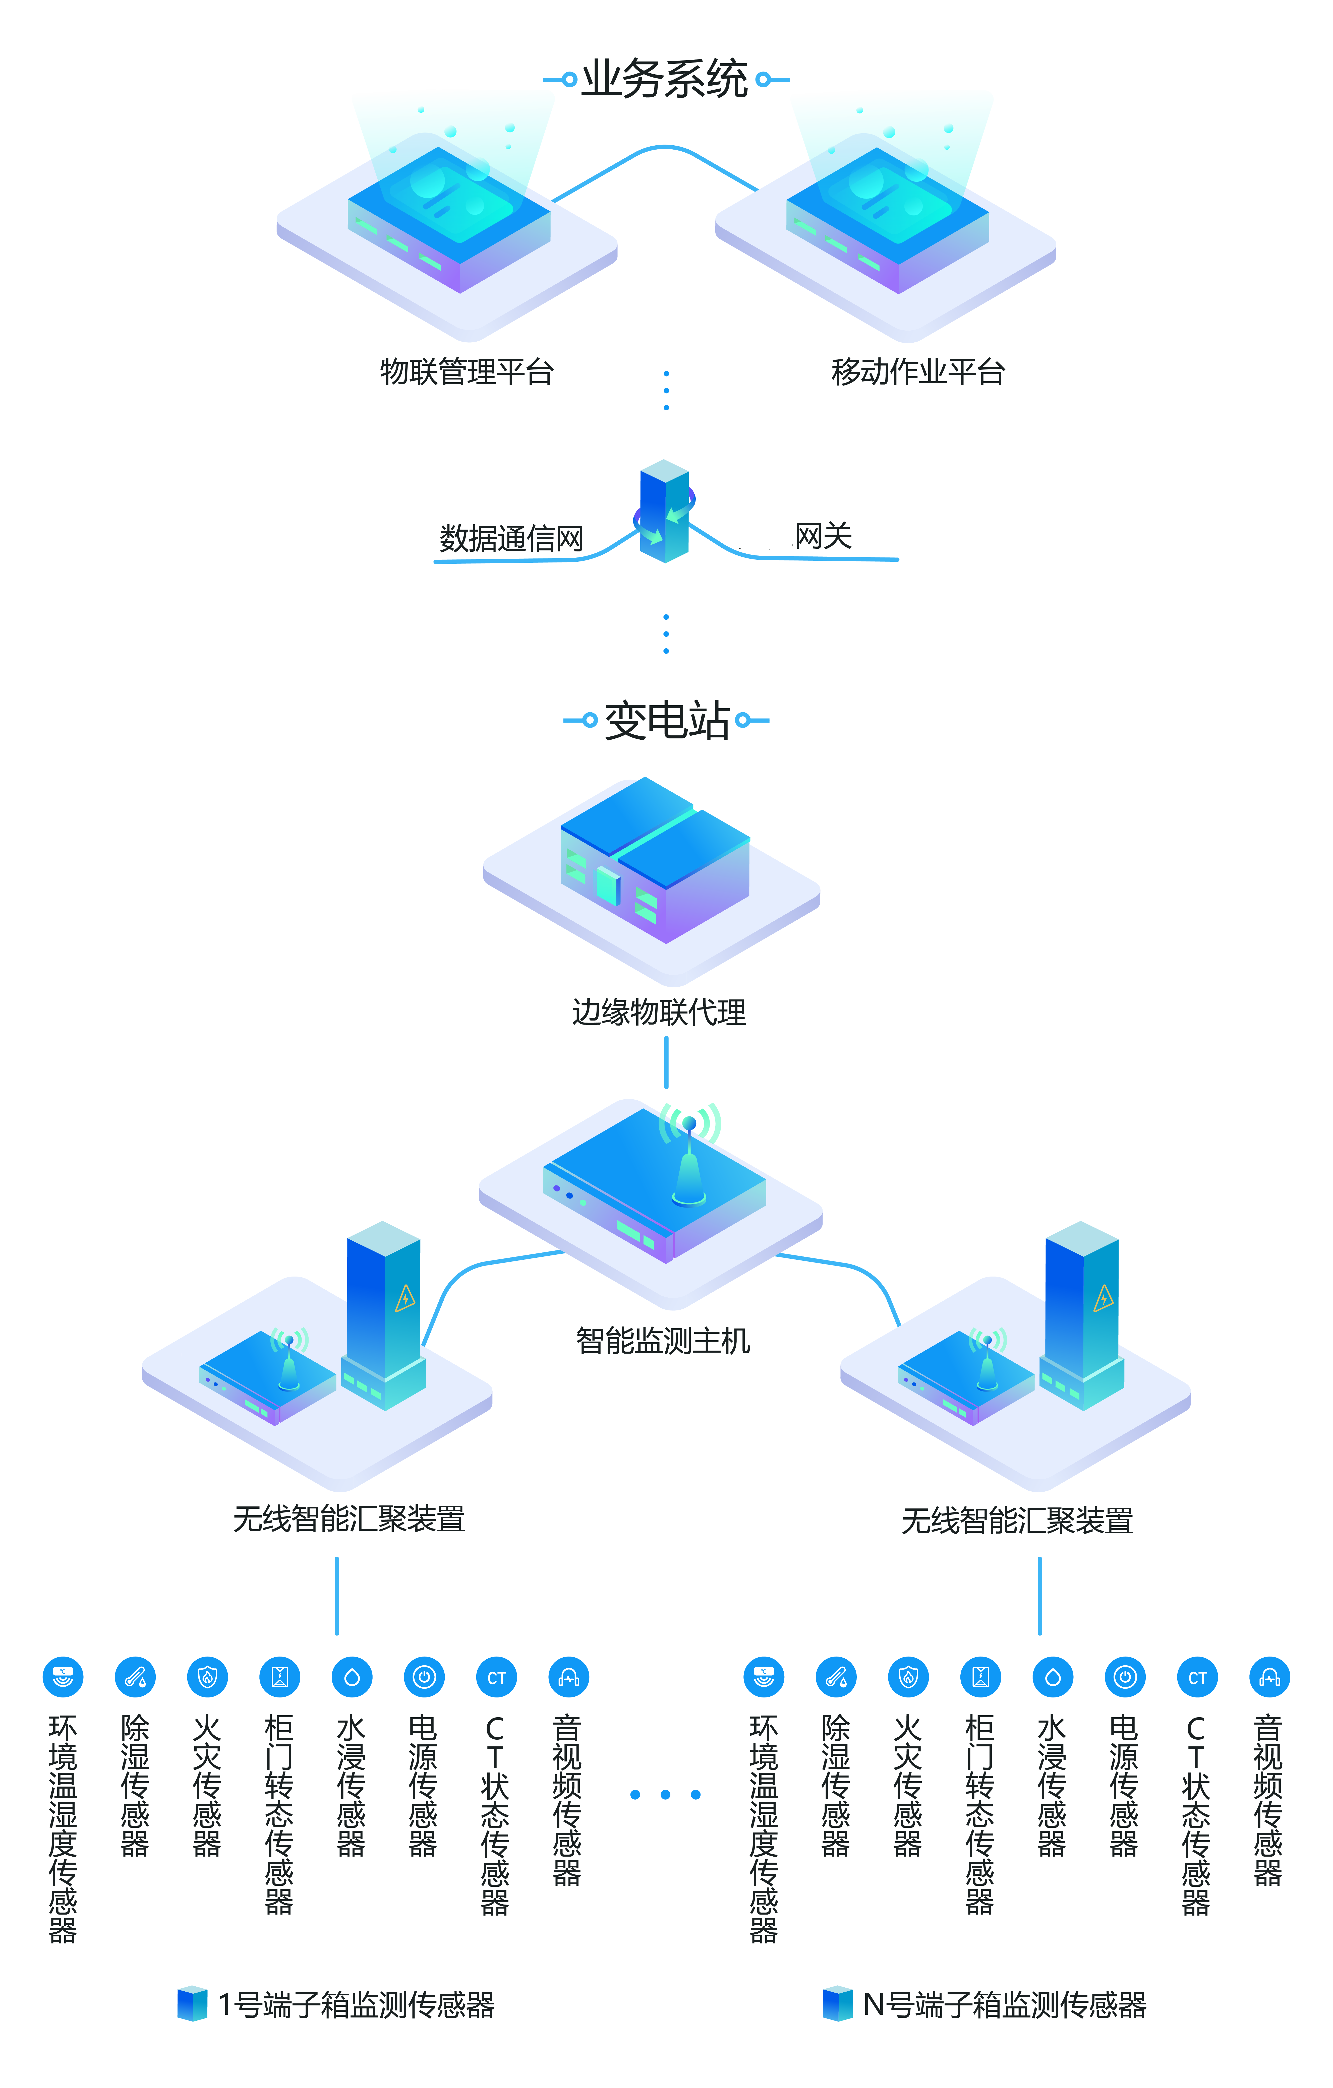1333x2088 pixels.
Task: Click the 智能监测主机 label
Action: coord(663,1341)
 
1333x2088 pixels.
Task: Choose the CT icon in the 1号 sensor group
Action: coord(496,1678)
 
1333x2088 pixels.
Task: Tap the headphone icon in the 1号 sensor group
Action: coord(569,1678)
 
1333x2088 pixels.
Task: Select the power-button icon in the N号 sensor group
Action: coord(1125,1678)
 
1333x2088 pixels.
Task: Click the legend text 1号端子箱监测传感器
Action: coord(356,2004)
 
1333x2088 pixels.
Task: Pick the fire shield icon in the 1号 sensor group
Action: coord(207,1678)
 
